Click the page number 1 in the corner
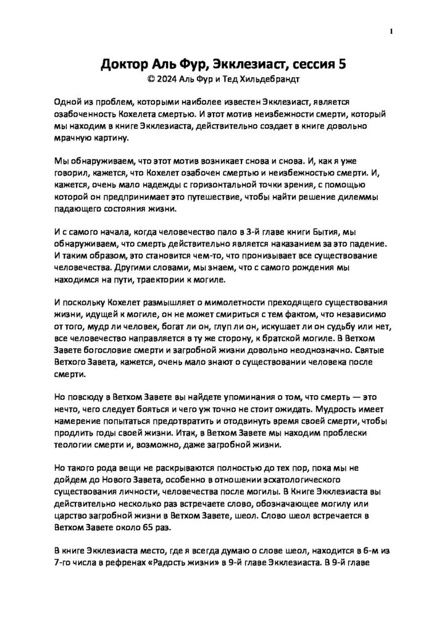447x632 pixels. click(392, 30)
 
